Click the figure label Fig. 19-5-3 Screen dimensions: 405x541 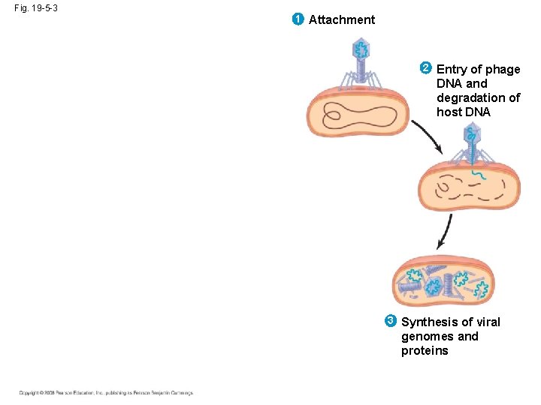[35, 7]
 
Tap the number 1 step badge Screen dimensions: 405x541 [298, 19]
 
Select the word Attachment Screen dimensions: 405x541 [342, 19]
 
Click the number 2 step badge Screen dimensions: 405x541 [426, 68]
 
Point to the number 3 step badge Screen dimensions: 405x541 [391, 322]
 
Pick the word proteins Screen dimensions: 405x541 [425, 350]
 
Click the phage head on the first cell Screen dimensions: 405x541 [361, 50]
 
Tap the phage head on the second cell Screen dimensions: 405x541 [472, 136]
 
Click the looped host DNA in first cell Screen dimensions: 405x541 [359, 115]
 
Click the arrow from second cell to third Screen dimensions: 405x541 [445, 231]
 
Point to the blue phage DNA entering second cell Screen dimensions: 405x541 [477, 175]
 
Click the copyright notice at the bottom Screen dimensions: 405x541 [106, 392]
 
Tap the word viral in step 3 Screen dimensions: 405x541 [484, 322]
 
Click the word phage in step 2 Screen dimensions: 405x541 [503, 69]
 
